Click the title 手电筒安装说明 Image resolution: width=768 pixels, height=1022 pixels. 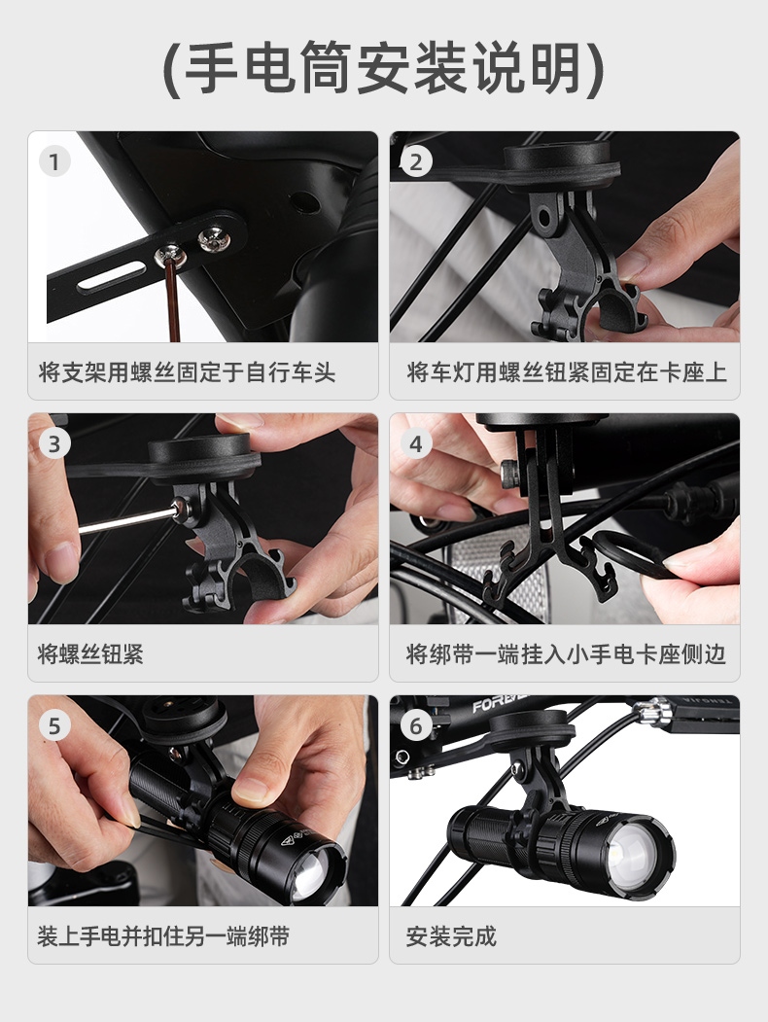[384, 68]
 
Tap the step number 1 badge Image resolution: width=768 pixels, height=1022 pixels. [54, 161]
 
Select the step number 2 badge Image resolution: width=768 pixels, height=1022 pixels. [415, 161]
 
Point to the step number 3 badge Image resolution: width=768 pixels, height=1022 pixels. [54, 443]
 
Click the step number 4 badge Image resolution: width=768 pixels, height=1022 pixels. [415, 443]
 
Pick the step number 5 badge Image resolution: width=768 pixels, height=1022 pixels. [54, 726]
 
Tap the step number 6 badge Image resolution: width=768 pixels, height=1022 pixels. [415, 726]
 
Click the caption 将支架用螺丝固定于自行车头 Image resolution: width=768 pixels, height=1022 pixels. [187, 372]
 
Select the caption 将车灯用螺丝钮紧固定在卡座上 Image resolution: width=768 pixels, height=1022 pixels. [566, 372]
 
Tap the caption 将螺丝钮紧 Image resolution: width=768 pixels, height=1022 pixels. [90, 654]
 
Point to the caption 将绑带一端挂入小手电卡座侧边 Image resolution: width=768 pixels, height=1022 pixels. [566, 654]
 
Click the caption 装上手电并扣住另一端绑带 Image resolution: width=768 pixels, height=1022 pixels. [163, 936]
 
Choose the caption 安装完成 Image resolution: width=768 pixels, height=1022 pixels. [451, 936]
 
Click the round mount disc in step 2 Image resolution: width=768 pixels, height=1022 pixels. [558, 161]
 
